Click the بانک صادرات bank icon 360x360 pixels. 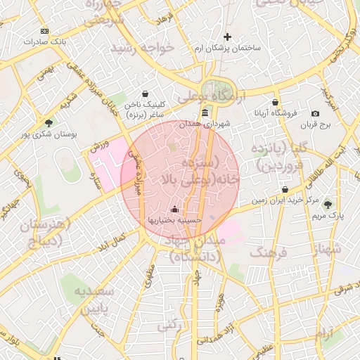(45, 31)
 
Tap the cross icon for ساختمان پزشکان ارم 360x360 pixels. (227, 37)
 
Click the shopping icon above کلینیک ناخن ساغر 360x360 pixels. (145, 94)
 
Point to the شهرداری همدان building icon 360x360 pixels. (205, 112)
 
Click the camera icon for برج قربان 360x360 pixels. (315, 113)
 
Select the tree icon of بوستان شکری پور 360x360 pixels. (48, 122)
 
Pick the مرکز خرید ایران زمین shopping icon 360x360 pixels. (285, 189)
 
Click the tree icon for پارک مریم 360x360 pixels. (328, 205)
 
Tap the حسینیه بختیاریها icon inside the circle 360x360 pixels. (174, 209)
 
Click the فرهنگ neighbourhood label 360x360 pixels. (269, 252)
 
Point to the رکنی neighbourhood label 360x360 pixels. (169, 326)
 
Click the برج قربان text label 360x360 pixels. (316, 124)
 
